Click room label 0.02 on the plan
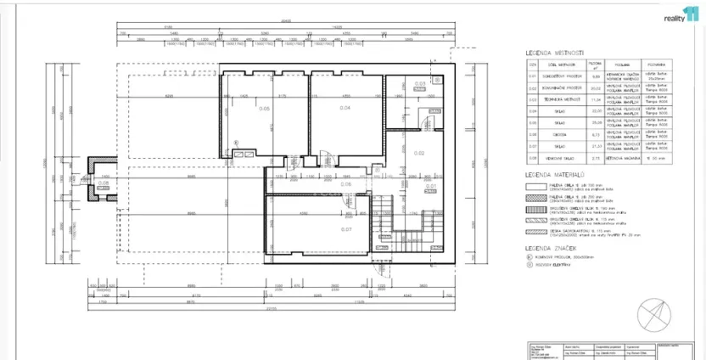pyautogui.click(x=419, y=153)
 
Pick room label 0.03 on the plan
pyautogui.click(x=419, y=83)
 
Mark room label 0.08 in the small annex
pyautogui.click(x=104, y=183)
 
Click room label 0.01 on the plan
pyautogui.click(x=430, y=186)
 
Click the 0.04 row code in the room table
pyautogui.click(x=533, y=110)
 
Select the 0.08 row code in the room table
pyautogui.click(x=533, y=158)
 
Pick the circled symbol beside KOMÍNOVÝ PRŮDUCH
pyautogui.click(x=529, y=256)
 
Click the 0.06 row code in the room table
pyautogui.click(x=533, y=134)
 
